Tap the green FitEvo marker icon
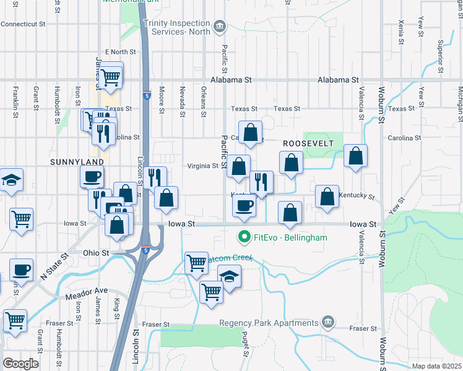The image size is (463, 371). pos(244,237)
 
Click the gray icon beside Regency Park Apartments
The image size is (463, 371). pos(328,322)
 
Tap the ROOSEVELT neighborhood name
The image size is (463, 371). pos(308,143)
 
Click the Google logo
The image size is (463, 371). pos(20,364)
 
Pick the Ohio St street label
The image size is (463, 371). pos(96,253)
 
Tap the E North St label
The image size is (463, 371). pos(120,52)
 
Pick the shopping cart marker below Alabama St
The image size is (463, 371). pos(110,77)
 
